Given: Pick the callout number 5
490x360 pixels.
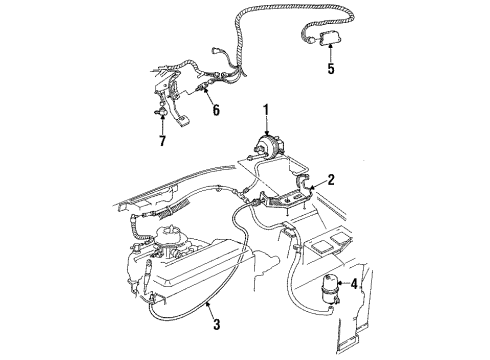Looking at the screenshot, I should click(x=330, y=70).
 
